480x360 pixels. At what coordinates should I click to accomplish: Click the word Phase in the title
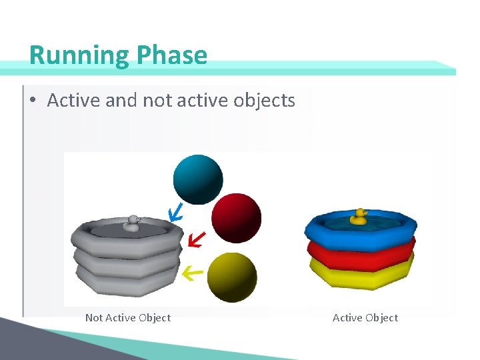click(172, 55)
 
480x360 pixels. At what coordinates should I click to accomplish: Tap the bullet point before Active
click(32, 101)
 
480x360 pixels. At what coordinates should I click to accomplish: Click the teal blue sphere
click(198, 179)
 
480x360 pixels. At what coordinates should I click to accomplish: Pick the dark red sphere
click(236, 218)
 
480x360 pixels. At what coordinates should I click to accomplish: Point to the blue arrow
click(175, 213)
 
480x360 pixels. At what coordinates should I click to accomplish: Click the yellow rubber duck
click(360, 216)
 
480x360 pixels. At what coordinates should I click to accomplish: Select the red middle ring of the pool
click(360, 253)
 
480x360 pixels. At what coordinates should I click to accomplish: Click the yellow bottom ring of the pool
click(360, 273)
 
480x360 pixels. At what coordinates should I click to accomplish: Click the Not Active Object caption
click(127, 318)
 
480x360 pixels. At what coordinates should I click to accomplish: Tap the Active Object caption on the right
click(365, 318)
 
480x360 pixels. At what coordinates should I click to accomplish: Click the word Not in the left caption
click(94, 318)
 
